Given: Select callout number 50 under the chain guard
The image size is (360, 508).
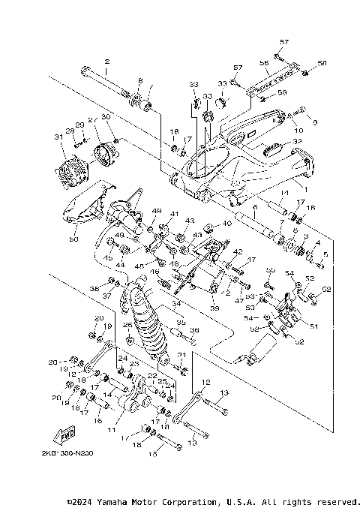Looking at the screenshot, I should pyautogui.click(x=73, y=239).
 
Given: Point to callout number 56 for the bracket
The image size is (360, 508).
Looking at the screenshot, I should pyautogui.click(x=264, y=63).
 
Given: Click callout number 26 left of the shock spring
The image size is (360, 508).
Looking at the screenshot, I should pyautogui.click(x=127, y=325).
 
